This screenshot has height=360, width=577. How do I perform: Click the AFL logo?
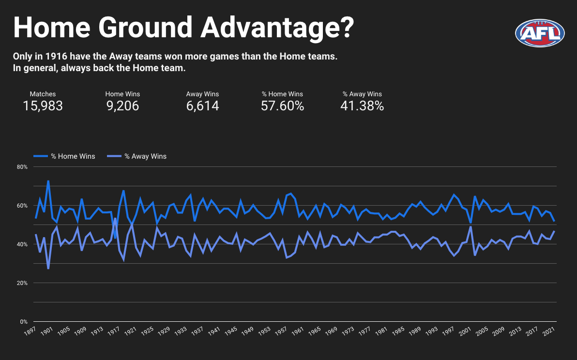[x=540, y=33]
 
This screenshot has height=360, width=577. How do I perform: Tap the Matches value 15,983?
[x=43, y=105]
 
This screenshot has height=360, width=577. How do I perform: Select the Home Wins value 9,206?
[x=122, y=105]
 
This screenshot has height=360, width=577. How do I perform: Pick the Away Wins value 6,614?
[x=202, y=105]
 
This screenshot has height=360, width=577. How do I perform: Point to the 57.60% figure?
[x=282, y=105]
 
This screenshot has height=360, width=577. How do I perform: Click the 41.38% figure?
[x=362, y=105]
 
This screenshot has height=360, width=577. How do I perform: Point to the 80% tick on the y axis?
[x=22, y=167]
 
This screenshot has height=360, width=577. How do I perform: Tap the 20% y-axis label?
[x=22, y=283]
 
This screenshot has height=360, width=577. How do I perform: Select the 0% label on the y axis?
[x=24, y=322]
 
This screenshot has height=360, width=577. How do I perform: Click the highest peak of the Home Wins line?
[x=48, y=181]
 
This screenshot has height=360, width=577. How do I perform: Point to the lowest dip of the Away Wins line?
[x=48, y=269]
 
